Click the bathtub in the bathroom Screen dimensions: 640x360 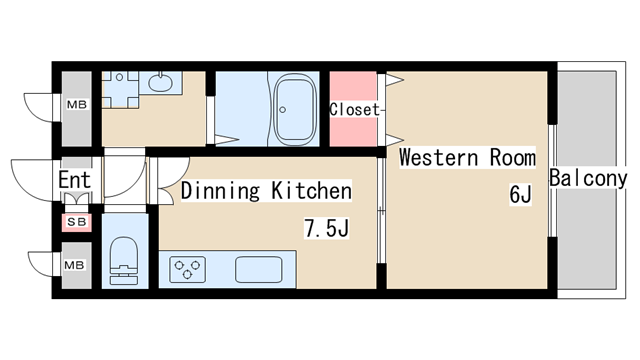pyautogui.click(x=295, y=109)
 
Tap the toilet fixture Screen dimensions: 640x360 pyautogui.click(x=124, y=260)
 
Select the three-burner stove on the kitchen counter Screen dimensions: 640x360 pyautogui.click(x=187, y=269)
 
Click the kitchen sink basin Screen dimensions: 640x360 pyautogui.click(x=258, y=269)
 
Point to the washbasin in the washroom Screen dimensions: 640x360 pyautogui.click(x=160, y=82)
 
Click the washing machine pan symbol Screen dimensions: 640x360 pyautogui.click(x=120, y=90)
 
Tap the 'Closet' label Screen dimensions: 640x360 pyautogui.click(x=354, y=109)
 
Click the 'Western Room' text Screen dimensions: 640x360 pyautogui.click(x=467, y=157)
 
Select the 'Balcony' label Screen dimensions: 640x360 pyautogui.click(x=588, y=178)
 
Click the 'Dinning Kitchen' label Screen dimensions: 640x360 pyautogui.click(x=266, y=191)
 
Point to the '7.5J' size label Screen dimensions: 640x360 pyautogui.click(x=327, y=228)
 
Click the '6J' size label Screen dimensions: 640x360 pyautogui.click(x=520, y=194)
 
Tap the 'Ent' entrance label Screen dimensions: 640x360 pyautogui.click(x=74, y=180)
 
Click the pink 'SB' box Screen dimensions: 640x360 pyautogui.click(x=77, y=222)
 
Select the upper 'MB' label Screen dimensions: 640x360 pyautogui.click(x=77, y=105)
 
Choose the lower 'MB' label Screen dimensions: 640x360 pyautogui.click(x=74, y=265)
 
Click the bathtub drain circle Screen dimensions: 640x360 pyautogui.click(x=282, y=109)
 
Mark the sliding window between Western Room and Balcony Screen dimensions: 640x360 pyautogui.click(x=552, y=180)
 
